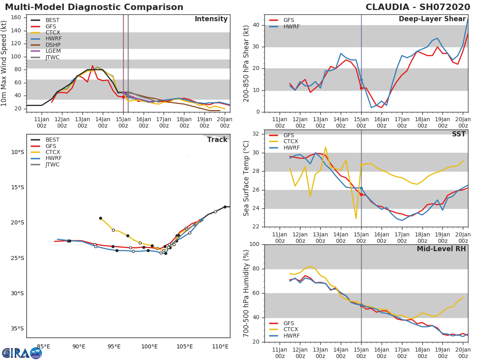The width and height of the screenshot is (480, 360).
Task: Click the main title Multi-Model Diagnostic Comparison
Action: (x=94, y=7)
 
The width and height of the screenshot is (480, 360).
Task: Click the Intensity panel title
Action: (x=211, y=19)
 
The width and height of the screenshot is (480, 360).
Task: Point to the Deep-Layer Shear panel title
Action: (x=432, y=19)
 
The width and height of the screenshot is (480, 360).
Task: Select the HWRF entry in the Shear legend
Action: (x=291, y=26)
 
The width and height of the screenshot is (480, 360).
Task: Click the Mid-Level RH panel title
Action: (x=441, y=249)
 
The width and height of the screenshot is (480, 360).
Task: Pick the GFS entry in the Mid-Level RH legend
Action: (x=288, y=323)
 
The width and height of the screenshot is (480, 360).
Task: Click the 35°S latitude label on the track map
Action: (x=17, y=329)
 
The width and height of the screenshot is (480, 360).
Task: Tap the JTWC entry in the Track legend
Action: (x=52, y=164)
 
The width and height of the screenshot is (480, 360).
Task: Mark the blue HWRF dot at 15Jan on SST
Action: (x=361, y=188)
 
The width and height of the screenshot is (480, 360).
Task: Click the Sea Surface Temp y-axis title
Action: (x=246, y=178)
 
